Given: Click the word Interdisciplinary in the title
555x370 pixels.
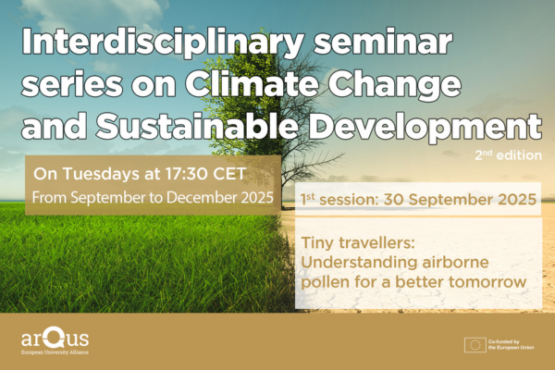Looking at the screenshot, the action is [x=163, y=43].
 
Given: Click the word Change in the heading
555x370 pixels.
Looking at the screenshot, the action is [x=395, y=85].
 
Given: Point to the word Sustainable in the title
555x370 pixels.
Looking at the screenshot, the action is [x=197, y=126].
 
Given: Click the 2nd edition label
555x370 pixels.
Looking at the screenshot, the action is [x=508, y=155].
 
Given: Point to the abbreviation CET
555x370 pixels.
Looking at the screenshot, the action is [x=229, y=174].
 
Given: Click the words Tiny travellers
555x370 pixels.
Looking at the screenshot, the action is [x=357, y=243].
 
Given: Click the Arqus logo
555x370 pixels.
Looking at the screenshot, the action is [x=55, y=339].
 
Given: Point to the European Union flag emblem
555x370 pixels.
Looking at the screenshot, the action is [x=475, y=345].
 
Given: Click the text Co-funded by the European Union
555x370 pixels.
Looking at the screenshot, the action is [x=511, y=345].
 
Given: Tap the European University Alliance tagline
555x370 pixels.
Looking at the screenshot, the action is [x=55, y=352].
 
